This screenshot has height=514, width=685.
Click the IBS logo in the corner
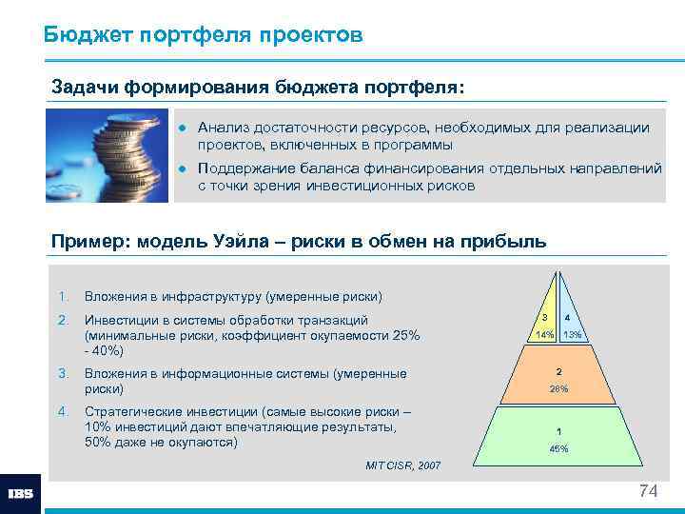pyautogui.click(x=21, y=494)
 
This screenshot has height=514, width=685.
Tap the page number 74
pyautogui.click(x=648, y=491)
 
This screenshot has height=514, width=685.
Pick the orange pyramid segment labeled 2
pyautogui.click(x=559, y=379)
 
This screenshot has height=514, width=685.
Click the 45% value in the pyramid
pyautogui.click(x=559, y=448)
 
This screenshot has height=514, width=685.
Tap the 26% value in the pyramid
pyautogui.click(x=559, y=389)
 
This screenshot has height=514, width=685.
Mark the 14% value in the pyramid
pyautogui.click(x=544, y=335)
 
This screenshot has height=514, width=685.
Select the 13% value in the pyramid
pyautogui.click(x=573, y=335)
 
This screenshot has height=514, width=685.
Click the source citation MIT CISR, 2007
pyautogui.click(x=403, y=465)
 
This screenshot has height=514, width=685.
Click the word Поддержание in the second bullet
pyautogui.click(x=245, y=168)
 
